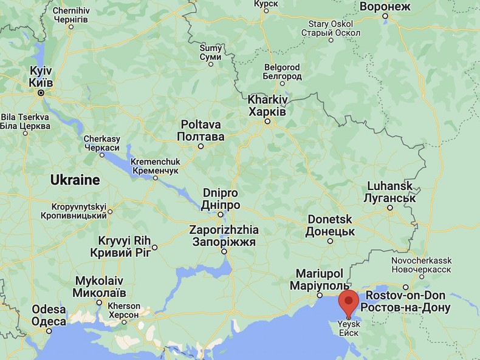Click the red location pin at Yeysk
(x=348, y=302)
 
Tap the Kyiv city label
(x=41, y=76)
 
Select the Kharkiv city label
(x=268, y=106)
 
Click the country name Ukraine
(x=75, y=180)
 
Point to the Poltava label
(x=201, y=130)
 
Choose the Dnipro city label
(x=221, y=199)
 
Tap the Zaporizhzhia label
(x=224, y=236)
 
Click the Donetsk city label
(x=330, y=225)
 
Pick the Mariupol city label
(x=319, y=279)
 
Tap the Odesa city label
(x=49, y=316)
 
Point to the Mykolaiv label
(x=99, y=287)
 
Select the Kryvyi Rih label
(x=120, y=246)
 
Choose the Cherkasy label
(x=101, y=143)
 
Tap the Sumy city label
(x=211, y=52)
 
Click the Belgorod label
(x=282, y=72)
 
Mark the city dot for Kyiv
(x=41, y=93)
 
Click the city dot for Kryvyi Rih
(x=155, y=247)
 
